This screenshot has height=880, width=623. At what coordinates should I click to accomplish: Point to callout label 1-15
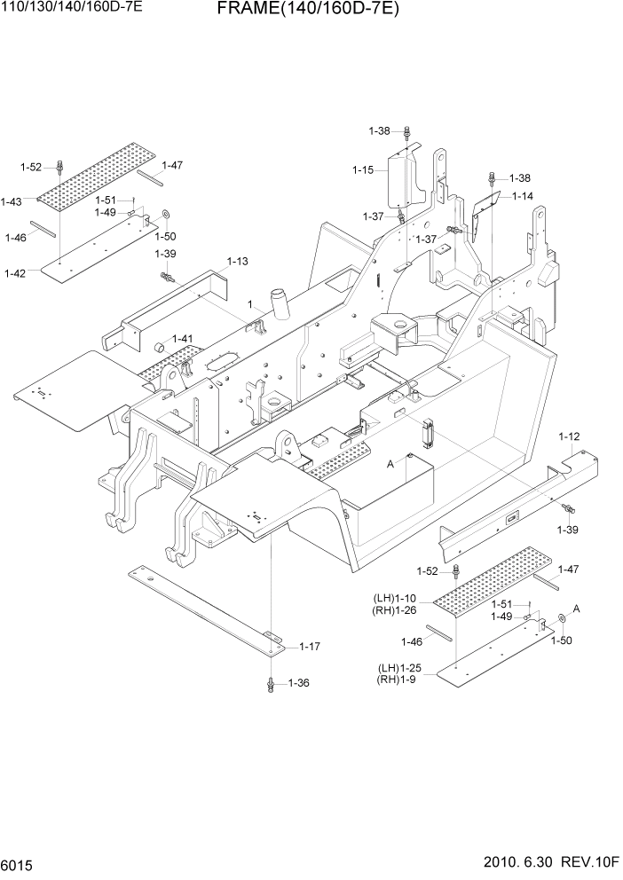pyautogui.click(x=363, y=169)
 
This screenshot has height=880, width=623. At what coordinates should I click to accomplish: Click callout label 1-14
pyautogui.click(x=522, y=196)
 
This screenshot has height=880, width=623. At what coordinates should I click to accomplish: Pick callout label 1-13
pyautogui.click(x=237, y=262)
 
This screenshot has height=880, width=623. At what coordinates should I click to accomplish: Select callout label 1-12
pyautogui.click(x=569, y=436)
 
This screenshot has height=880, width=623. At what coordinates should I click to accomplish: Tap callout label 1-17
pyautogui.click(x=310, y=647)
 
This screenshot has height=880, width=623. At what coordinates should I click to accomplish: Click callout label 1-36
pyautogui.click(x=298, y=683)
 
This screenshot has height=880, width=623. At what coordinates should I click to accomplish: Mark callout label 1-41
pyautogui.click(x=183, y=339)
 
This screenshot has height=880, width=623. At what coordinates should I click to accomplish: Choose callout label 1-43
pyautogui.click(x=12, y=202)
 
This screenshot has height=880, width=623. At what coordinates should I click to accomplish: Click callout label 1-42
pyautogui.click(x=16, y=272)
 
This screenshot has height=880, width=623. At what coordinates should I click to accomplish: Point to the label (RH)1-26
pyautogui.click(x=395, y=609)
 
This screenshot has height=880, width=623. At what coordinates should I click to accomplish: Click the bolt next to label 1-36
pyautogui.click(x=270, y=683)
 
